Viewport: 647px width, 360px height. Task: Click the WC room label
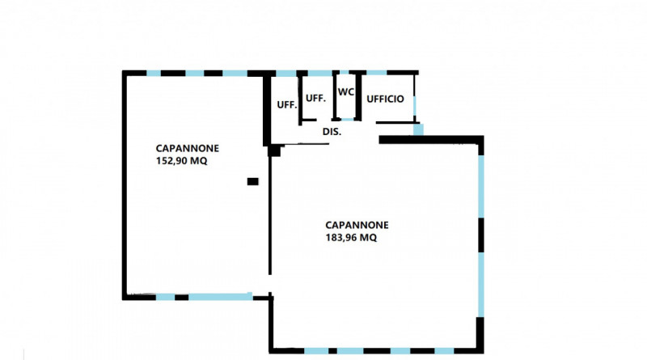click(346, 91)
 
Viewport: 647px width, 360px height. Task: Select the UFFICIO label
click(386, 99)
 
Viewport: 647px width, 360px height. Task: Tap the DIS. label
click(332, 132)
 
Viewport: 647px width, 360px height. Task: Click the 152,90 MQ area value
click(181, 161)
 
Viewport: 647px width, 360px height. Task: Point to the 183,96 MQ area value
click(351, 238)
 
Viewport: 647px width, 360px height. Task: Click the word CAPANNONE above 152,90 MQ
click(188, 148)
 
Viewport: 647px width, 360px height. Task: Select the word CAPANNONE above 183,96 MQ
click(357, 225)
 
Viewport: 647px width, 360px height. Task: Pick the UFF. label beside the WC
click(315, 98)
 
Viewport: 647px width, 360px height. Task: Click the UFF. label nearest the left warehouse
click(287, 105)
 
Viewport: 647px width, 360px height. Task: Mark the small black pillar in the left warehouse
click(252, 181)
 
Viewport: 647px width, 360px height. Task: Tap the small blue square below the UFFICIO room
click(418, 129)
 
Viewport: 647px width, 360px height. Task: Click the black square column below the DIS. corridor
click(274, 150)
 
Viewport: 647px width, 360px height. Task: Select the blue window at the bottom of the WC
click(347, 119)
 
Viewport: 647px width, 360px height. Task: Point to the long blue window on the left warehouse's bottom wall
click(220, 296)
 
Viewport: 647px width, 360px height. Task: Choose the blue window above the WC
click(345, 73)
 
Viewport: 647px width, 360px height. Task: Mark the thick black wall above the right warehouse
click(431, 140)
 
